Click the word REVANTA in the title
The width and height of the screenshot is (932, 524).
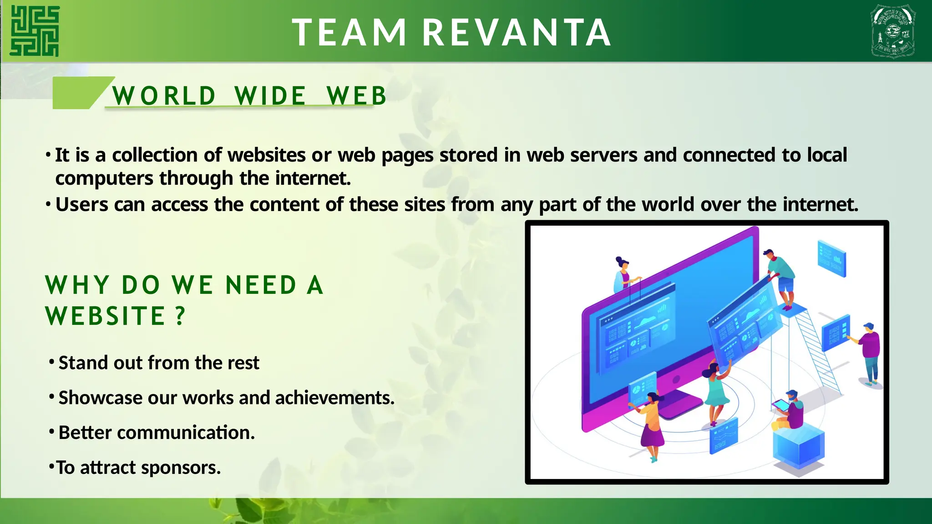517,33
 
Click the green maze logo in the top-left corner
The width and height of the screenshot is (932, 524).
35,31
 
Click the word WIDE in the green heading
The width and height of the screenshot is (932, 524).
270,96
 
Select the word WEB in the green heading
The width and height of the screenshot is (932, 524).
356,96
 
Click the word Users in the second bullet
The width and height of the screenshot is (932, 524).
82,205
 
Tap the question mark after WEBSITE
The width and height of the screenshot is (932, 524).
181,315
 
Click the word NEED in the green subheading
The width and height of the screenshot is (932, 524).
261,286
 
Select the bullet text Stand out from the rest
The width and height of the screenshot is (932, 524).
159,363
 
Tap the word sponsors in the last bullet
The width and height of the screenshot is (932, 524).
181,468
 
